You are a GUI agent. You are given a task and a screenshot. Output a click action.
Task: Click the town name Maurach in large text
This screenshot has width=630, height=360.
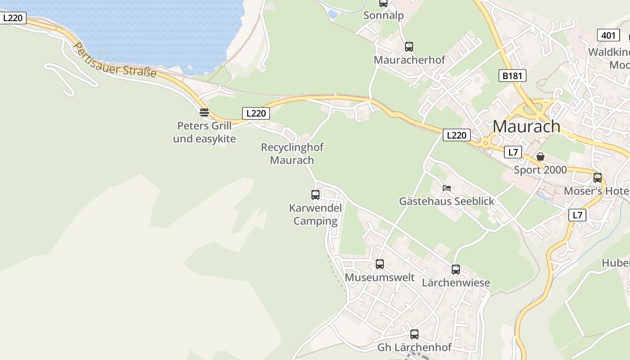(526, 126)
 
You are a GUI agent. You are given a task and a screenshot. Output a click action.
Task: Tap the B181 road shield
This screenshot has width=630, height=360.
(512, 76)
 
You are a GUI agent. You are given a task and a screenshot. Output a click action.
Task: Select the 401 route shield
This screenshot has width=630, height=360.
(608, 35)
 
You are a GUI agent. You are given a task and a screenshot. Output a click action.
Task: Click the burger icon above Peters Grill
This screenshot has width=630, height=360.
(204, 112)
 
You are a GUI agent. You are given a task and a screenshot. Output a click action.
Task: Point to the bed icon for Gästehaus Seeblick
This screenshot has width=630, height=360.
(446, 188)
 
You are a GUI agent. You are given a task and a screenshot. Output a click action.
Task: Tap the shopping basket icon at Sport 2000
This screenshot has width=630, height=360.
(540, 157)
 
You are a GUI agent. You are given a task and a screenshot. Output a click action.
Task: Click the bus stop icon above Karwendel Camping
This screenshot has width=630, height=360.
(315, 194)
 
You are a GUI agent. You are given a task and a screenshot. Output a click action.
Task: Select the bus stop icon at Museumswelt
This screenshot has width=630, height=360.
(380, 264)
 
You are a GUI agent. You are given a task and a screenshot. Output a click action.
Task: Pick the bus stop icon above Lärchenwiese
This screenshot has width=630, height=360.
(456, 269)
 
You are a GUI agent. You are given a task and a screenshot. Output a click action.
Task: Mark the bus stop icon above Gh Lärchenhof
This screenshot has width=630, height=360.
(414, 334)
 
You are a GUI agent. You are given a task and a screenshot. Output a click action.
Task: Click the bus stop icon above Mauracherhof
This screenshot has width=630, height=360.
(409, 46)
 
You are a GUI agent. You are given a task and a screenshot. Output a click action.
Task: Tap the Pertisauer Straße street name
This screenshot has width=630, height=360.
(115, 60)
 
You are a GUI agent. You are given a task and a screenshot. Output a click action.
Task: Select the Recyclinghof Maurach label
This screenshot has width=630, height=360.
(292, 153)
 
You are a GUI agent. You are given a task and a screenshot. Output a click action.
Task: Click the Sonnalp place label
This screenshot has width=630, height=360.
(383, 15)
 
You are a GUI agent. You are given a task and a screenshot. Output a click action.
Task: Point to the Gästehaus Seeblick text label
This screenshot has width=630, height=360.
(446, 201)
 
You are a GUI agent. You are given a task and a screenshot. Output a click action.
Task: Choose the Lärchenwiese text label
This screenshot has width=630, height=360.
(456, 283)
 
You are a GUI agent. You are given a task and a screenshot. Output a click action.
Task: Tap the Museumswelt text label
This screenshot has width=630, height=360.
(380, 277)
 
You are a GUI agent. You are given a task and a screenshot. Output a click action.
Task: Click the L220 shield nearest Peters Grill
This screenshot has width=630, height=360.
(256, 113)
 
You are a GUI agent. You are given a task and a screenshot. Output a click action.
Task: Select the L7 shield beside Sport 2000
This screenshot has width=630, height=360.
(513, 152)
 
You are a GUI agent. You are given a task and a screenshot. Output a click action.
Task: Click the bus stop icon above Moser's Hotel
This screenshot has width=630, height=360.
(598, 177)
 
